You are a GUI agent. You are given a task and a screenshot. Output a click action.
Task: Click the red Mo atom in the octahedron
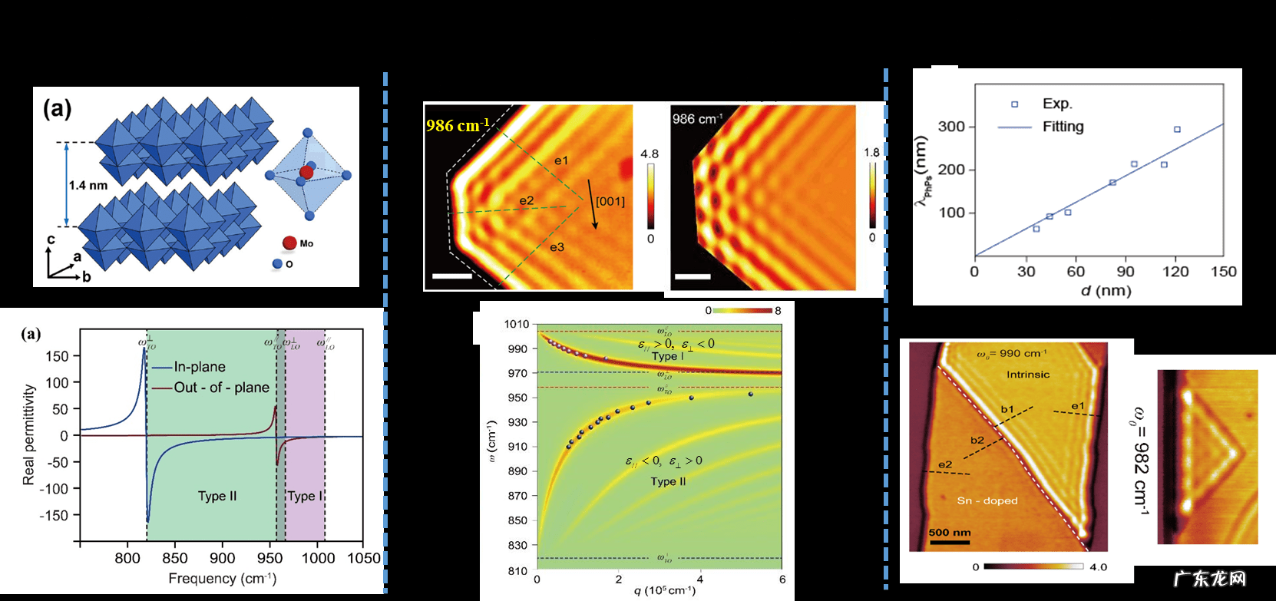[x=306, y=172]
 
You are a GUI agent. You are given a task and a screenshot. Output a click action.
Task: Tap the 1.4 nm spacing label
[x=88, y=185]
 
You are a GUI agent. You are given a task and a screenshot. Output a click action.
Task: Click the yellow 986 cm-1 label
[x=458, y=125]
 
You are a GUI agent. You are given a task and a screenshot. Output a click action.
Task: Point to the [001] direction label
[x=610, y=201]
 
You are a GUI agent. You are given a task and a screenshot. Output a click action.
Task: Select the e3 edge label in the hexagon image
[x=557, y=247]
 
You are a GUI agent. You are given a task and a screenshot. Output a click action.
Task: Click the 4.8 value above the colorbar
[x=650, y=154]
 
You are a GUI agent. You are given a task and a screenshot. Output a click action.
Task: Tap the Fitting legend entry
[x=1063, y=127]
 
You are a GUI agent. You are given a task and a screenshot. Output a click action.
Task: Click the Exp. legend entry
[x=1057, y=104]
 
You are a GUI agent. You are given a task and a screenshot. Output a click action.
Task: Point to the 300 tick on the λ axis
[x=951, y=127]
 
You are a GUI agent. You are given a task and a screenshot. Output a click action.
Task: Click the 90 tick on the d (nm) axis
[x=1126, y=271]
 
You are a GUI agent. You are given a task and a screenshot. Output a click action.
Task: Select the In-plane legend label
[x=200, y=367]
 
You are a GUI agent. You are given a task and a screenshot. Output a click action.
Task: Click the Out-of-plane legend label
[x=221, y=388]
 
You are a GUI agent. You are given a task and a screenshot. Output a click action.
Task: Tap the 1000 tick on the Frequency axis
[x=318, y=558]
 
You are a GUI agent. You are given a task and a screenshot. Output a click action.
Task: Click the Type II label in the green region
[x=217, y=496]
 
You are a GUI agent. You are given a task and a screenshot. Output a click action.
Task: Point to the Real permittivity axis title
[x=29, y=434]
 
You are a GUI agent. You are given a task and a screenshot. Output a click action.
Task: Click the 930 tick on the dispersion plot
[x=517, y=422]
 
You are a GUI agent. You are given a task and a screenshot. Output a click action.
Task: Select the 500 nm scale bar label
[x=950, y=532]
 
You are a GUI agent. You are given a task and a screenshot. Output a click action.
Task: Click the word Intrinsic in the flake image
[x=1028, y=375]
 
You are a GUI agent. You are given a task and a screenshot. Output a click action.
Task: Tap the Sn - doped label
[x=987, y=500]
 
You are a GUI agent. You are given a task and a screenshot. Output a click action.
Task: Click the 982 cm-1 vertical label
[x=1141, y=461]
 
